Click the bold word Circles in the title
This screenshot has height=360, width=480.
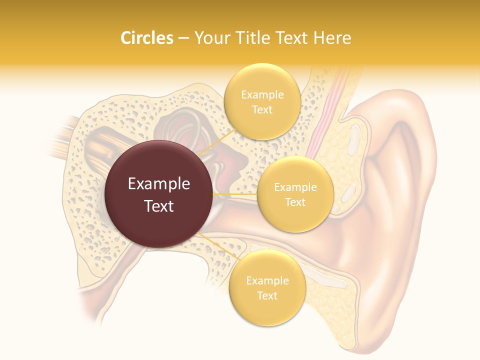pos(147,38)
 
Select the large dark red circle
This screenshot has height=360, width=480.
pos(159,194)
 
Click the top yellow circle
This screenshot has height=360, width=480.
pos(261,101)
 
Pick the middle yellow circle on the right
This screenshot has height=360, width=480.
pos(295,194)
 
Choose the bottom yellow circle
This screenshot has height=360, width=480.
pos(267,287)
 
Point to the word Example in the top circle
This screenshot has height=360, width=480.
pos(262,94)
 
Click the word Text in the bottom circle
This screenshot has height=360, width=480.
pos(267,295)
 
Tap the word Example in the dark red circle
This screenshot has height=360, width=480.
pos(159,184)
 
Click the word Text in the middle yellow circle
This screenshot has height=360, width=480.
pos(295,202)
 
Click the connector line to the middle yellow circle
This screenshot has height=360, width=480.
pos(235,194)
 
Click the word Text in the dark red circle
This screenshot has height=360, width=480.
pos(159,206)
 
